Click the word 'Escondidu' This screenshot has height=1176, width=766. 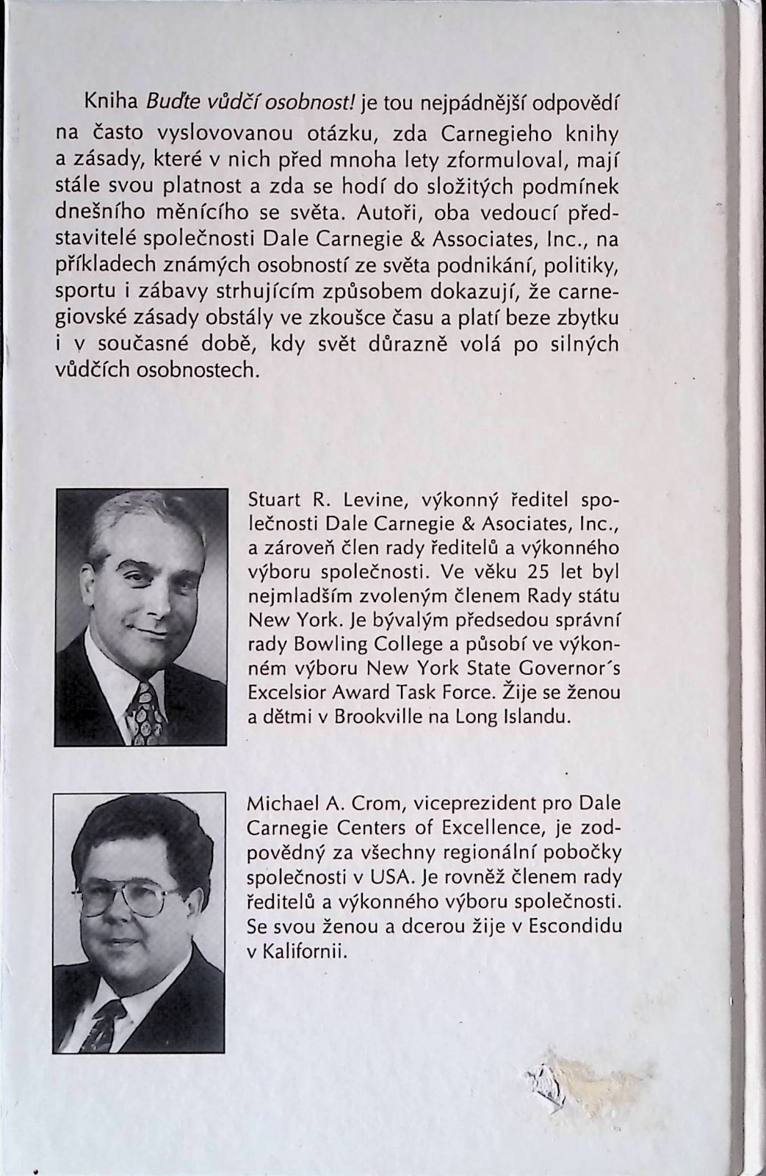573,927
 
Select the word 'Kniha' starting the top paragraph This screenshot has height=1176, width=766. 109,103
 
